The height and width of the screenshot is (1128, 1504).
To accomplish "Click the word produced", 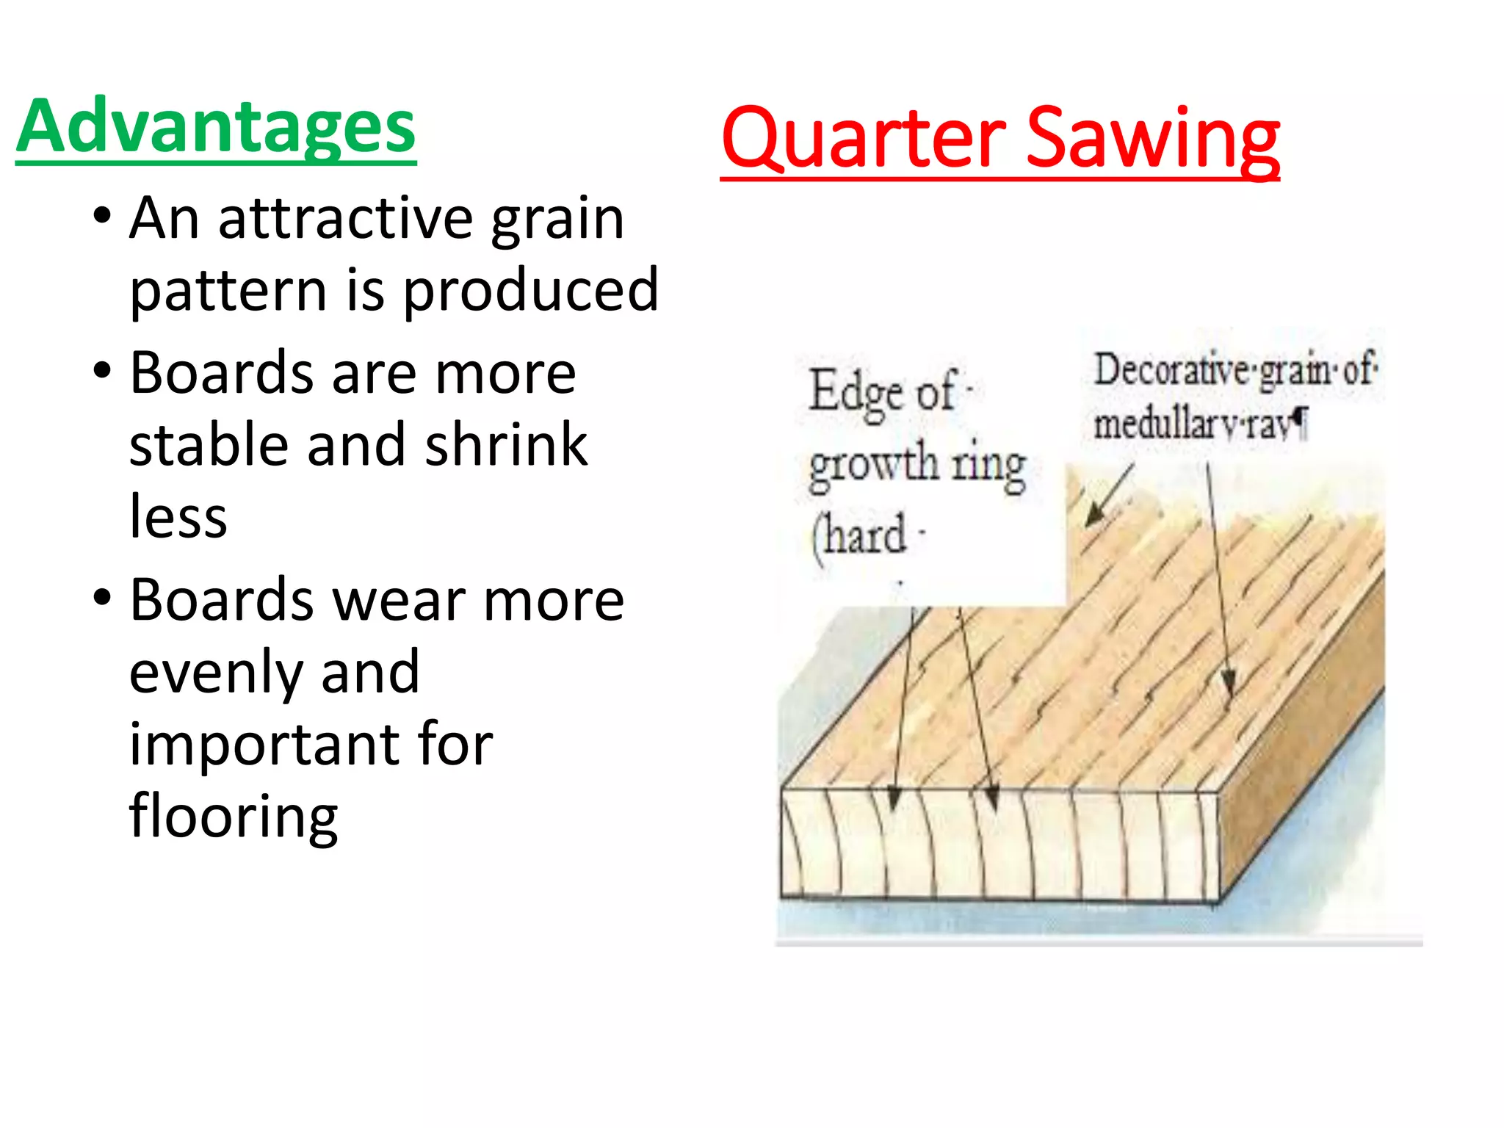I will pos(531,290).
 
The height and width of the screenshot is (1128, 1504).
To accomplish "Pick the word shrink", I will pos(506,444).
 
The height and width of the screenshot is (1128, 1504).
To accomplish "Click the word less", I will pos(178,516).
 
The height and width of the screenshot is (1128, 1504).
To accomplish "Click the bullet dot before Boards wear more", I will pos(102,596).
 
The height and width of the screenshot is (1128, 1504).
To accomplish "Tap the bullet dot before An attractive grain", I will pos(102,215).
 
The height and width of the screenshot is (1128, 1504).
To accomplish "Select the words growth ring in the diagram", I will pos(917,466).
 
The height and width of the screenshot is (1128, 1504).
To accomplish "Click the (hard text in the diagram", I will pos(858,536).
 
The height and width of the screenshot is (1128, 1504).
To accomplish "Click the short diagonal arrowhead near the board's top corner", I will pos(1094,515).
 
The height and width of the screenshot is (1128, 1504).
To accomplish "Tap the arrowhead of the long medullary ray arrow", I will pos(1228,684).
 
